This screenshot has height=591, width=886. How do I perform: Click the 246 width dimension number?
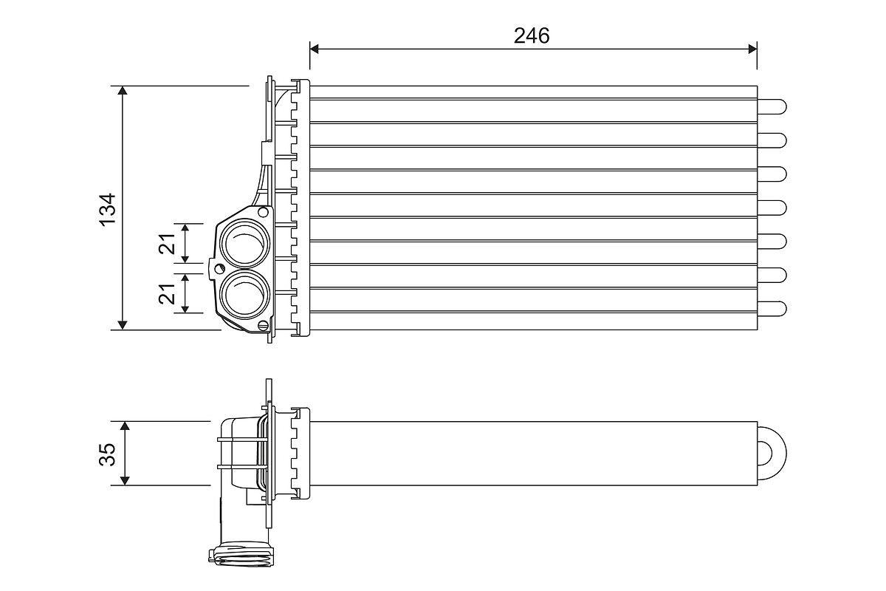coord(532,35)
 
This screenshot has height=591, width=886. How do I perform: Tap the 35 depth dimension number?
coord(109,454)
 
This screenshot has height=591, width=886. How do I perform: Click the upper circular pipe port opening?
coord(244,242)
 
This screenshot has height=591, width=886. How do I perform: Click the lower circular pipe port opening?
coord(244,293)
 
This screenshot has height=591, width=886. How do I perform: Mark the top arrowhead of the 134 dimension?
coord(123,91)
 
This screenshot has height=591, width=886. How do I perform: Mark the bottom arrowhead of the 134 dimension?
coord(123,324)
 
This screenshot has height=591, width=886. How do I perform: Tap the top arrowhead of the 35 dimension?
coord(125,426)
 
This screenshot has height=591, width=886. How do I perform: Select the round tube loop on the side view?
coord(773,451)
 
